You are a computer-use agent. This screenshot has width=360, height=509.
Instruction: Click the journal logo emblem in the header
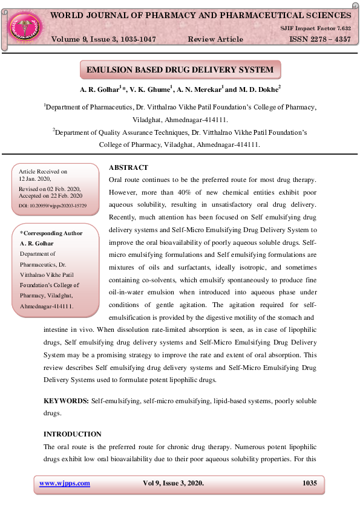(x=24, y=26)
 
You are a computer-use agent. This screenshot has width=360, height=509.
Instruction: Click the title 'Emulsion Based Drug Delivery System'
(x=180, y=70)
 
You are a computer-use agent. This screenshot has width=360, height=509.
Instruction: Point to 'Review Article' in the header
(x=215, y=39)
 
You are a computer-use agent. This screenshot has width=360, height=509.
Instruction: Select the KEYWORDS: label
(x=67, y=401)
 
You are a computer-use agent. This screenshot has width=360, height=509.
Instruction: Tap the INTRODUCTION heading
(x=73, y=434)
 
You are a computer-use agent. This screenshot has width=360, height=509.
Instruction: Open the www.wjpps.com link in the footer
(x=65, y=483)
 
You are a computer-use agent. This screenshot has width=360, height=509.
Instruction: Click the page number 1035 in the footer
(x=309, y=483)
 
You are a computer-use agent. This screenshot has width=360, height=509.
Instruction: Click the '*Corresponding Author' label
(x=51, y=233)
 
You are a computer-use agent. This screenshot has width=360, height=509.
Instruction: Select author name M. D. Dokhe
(x=257, y=89)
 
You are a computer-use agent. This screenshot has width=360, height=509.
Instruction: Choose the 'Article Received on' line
(x=43, y=172)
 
